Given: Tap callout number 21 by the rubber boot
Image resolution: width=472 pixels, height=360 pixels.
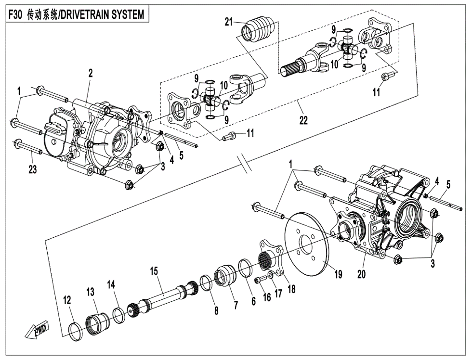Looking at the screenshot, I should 229,22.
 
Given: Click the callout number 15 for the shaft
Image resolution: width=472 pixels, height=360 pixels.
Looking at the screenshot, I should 154,271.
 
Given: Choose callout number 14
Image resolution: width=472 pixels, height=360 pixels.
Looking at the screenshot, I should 111,284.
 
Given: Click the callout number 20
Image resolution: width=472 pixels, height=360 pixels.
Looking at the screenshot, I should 362,274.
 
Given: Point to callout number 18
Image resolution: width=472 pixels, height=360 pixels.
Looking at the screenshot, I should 291,289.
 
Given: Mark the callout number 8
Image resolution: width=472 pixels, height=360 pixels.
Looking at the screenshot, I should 216,311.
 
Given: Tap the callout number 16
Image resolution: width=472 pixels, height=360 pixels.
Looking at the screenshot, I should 266,297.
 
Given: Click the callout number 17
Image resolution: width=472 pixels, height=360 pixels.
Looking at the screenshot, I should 278,294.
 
